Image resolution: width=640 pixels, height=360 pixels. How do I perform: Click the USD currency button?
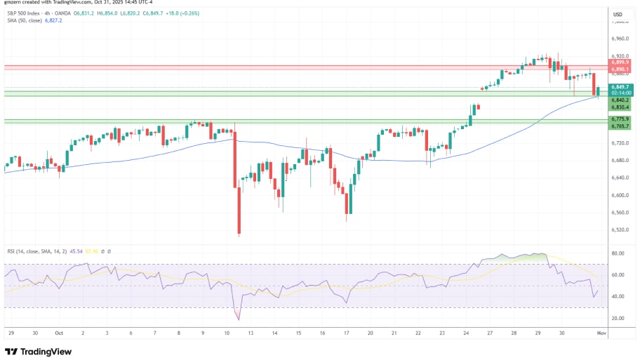click(618, 14)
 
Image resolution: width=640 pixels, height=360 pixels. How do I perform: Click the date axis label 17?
click(347, 333)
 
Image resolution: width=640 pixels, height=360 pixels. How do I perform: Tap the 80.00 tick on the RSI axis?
click(618, 253)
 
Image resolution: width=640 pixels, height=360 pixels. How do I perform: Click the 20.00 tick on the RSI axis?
click(618, 318)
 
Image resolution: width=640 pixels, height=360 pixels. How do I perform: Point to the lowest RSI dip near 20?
click(238, 319)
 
